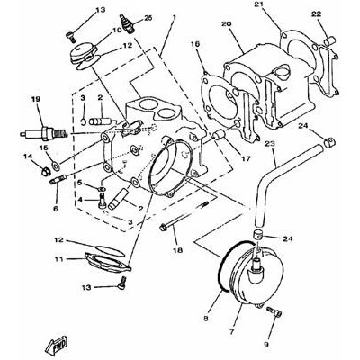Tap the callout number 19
[36, 99]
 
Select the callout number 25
[148, 18]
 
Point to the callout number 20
[226, 24]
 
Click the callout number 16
[194, 44]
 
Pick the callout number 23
[270, 144]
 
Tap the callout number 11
[58, 258]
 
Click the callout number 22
[317, 14]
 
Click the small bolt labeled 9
[274, 313]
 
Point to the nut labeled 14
[45, 172]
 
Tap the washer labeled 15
[56, 165]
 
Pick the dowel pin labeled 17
[219, 134]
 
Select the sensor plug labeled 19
[43, 134]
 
